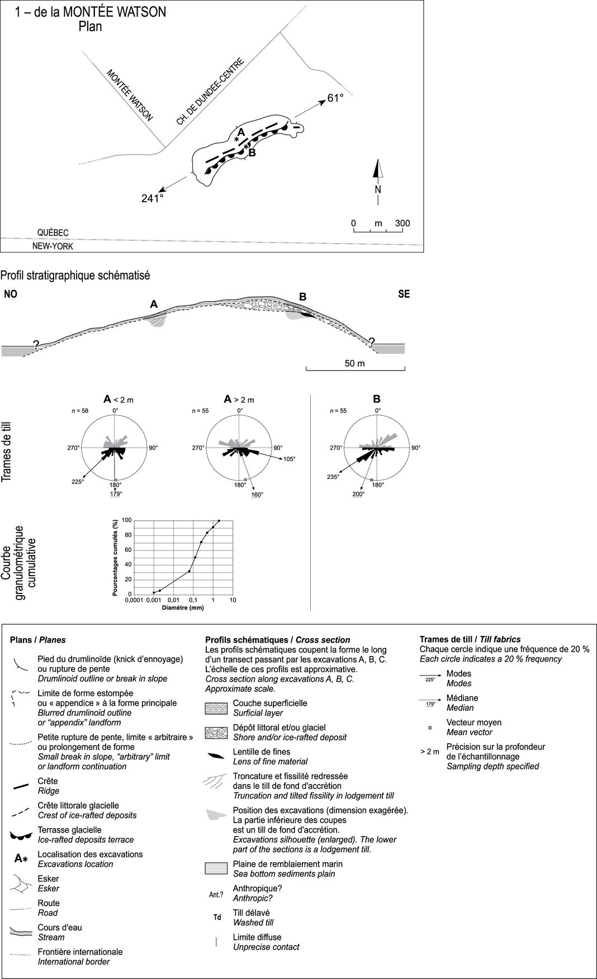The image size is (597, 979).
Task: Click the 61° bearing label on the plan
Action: [335, 98]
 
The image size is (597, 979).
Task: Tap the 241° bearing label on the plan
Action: [152, 198]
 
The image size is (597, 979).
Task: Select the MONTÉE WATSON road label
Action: [129, 96]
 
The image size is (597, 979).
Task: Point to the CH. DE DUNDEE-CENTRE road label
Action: [210, 92]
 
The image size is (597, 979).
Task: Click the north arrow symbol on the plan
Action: [378, 170]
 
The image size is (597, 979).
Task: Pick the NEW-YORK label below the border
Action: [53, 246]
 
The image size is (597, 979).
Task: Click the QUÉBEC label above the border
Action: [53, 232]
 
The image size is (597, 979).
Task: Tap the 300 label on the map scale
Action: [402, 224]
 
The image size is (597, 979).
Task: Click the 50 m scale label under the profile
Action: [354, 363]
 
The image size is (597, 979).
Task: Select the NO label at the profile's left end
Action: [11, 294]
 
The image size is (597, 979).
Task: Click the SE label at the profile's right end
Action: [404, 294]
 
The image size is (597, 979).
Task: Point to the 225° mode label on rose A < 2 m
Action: [77, 482]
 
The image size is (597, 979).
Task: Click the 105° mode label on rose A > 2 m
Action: [288, 459]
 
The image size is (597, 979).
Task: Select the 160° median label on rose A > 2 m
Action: [257, 495]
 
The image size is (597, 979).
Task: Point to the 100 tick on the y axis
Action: [127, 521]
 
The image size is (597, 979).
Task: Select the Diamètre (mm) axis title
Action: [182, 607]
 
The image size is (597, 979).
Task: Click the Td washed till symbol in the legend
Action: [217, 918]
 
